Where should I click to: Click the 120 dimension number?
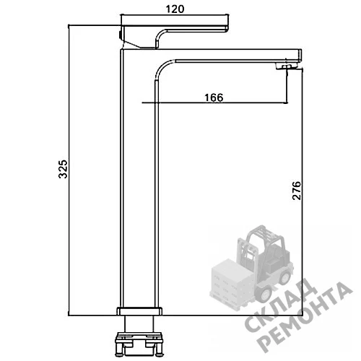pos(175,9)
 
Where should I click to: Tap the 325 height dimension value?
pos(63,169)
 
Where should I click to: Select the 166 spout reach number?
pos(214,97)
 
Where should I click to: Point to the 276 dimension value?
pos(297,191)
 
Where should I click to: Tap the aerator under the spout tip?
pos(287,66)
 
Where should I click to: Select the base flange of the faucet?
pos(139,311)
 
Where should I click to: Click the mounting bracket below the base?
pos(139,344)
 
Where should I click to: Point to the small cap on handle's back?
pos(121,35)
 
